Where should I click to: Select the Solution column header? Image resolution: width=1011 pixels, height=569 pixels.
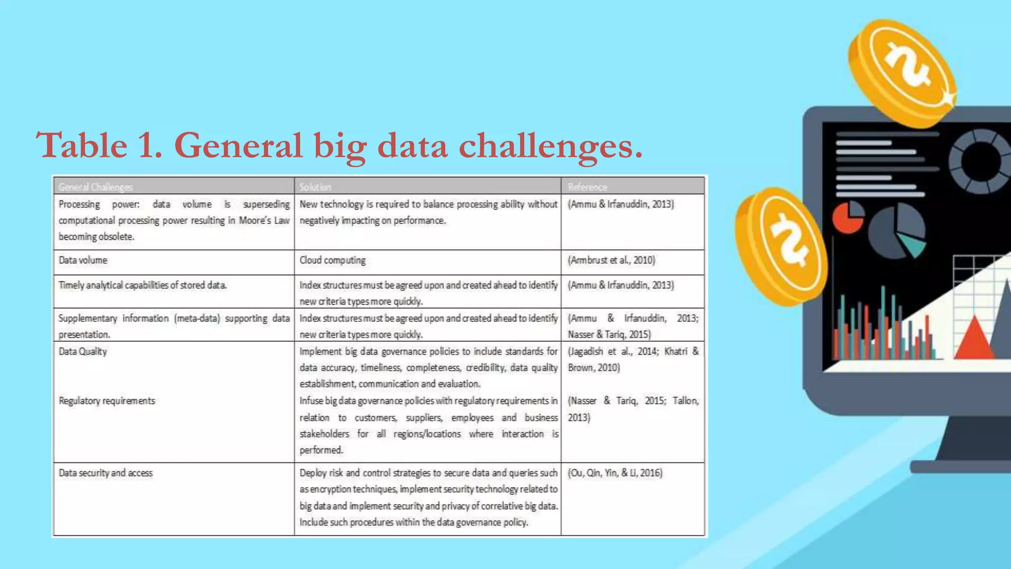coord(315,187)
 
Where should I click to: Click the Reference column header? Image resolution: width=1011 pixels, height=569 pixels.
coord(587,187)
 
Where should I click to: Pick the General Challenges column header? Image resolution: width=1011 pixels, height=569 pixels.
coord(95,187)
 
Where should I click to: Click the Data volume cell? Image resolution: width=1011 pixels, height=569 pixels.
coord(83,260)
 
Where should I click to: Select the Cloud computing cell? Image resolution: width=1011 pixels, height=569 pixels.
coord(332,260)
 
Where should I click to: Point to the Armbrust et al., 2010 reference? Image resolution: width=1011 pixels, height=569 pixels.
coord(611,260)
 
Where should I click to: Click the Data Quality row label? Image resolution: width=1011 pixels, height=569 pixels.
coord(83,352)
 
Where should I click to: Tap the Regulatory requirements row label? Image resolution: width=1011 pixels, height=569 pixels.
coord(107,401)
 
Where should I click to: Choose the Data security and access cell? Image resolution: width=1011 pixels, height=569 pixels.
coord(106,473)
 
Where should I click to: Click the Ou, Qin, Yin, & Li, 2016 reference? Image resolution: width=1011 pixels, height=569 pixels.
coord(615,473)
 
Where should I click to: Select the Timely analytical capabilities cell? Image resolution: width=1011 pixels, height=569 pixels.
coord(143,285)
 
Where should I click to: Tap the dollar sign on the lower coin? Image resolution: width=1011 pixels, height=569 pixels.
coord(789,241)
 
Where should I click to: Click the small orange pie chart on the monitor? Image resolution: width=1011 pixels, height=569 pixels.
coord(848,217)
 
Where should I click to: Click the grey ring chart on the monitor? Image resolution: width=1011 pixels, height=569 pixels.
coord(980,161)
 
